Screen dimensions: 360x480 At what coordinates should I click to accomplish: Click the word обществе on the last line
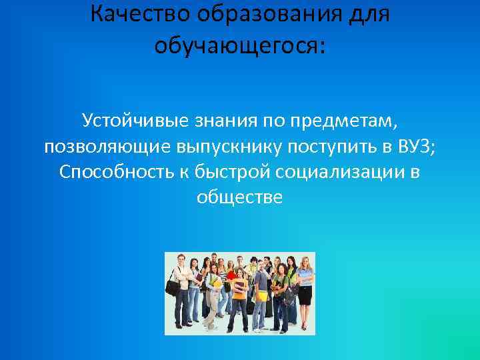click(240, 197)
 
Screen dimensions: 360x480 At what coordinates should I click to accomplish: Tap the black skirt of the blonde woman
click(304, 295)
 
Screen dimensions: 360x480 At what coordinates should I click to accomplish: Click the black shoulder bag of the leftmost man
click(173, 287)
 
